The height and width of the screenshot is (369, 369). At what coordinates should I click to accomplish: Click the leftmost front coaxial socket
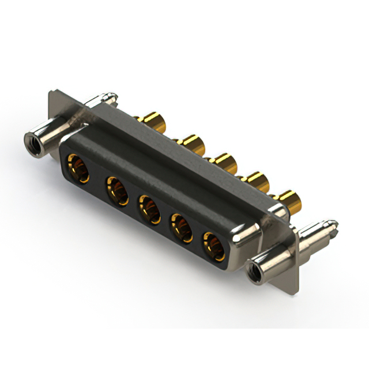tap(78, 168)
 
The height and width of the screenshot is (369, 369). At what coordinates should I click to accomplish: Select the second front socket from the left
tap(117, 190)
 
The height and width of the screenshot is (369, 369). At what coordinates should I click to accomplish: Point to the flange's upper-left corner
tap(52, 92)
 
